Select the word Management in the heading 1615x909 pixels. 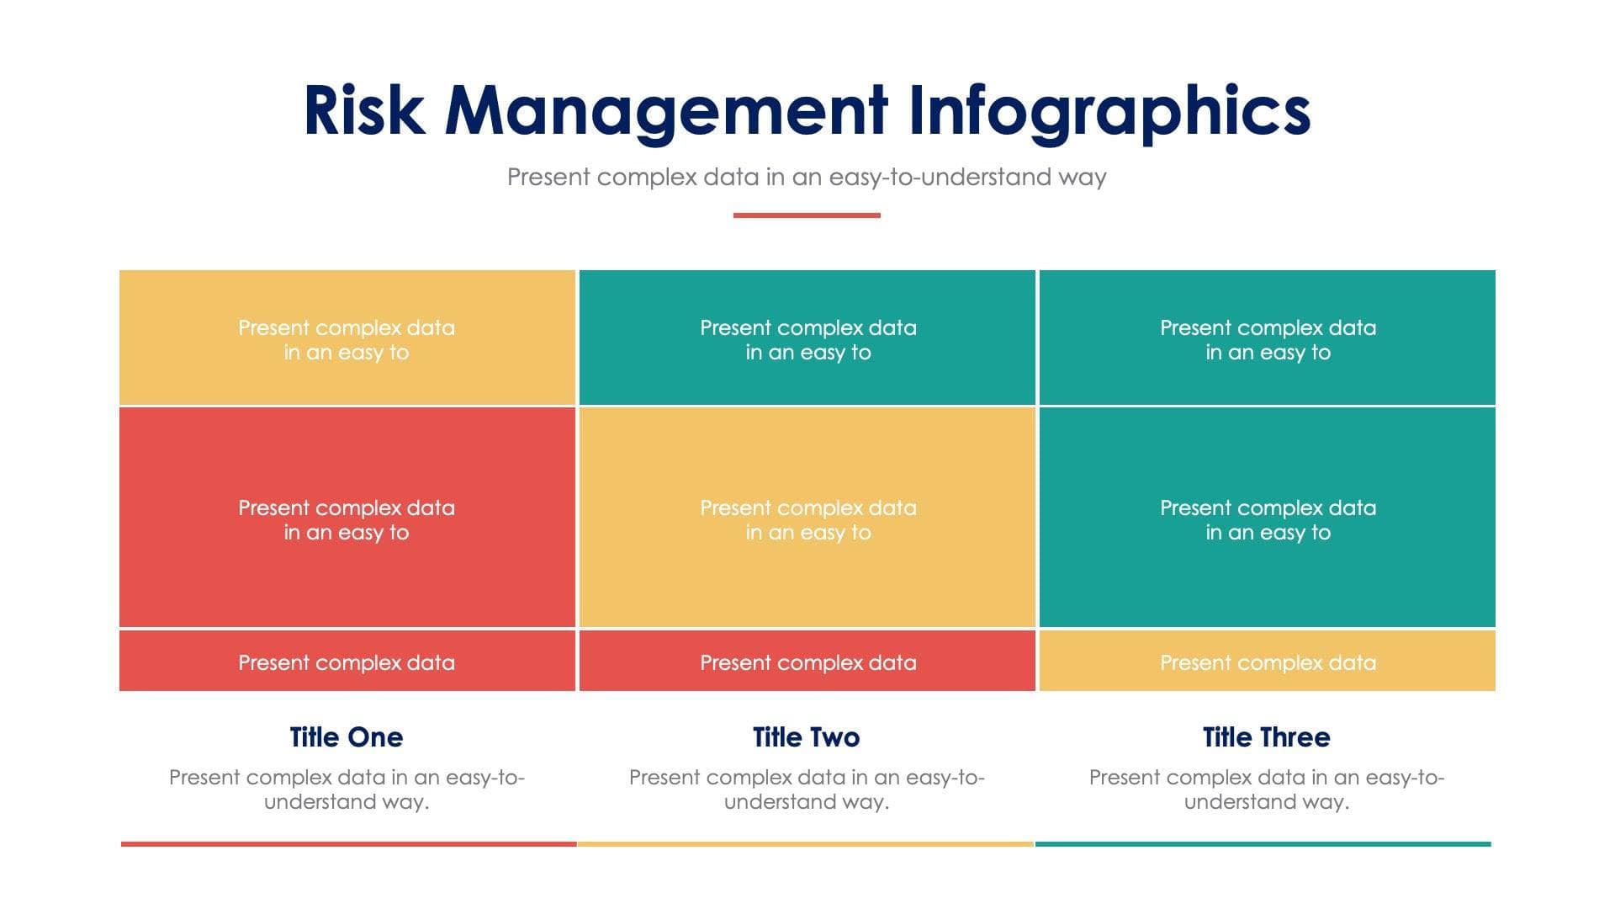665,110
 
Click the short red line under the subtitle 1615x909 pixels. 806,215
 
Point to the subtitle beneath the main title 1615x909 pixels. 806,177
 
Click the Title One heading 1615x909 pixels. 347,737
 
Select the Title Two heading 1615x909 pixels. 806,737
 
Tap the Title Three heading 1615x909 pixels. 1266,737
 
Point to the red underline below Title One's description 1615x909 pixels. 348,843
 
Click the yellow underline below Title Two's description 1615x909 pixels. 805,843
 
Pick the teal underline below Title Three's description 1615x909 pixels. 1263,843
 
